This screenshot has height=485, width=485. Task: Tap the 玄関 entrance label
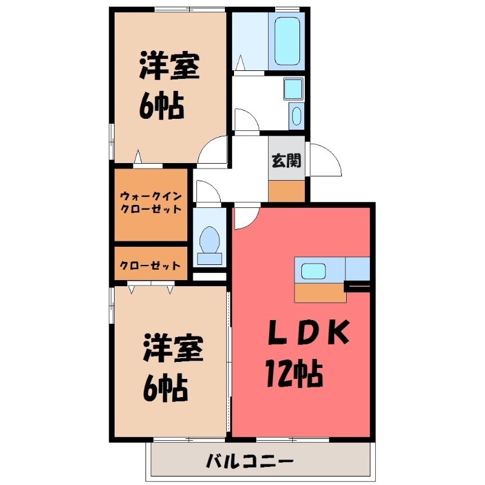click(286, 161)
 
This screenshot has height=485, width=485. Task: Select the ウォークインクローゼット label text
click(150, 202)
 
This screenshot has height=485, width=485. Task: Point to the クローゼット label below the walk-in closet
click(150, 266)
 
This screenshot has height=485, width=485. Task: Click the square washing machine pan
click(293, 89)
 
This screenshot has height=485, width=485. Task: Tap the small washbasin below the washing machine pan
click(295, 115)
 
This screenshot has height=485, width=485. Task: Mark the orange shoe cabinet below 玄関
click(287, 190)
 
